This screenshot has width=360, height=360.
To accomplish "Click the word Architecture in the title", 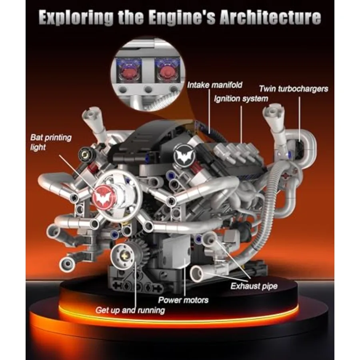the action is (270, 17).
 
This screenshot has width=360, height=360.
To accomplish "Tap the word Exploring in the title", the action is (76, 18).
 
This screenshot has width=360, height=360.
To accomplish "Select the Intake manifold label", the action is (215, 85).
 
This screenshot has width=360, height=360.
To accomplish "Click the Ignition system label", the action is (241, 99).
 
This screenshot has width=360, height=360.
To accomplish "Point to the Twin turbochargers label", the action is (294, 89).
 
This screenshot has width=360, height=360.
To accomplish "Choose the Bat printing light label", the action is (51, 142).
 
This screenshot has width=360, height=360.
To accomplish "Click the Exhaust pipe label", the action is (254, 286).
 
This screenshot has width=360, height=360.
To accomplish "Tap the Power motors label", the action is (183, 300).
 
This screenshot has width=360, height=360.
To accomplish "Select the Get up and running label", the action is (130, 310).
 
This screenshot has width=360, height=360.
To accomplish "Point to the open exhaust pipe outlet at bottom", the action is (197, 274).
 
